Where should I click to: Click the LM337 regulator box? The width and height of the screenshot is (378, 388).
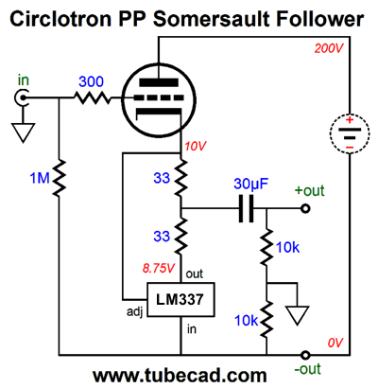pyautogui.click(x=181, y=299)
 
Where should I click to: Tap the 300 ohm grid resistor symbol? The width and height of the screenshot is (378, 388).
pyautogui.click(x=93, y=97)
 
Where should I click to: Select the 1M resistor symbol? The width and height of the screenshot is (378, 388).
pyautogui.click(x=59, y=178)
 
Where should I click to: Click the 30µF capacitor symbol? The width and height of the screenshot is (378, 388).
pyautogui.click(x=246, y=208)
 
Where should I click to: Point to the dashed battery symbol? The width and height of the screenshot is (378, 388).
pyautogui.click(x=350, y=133)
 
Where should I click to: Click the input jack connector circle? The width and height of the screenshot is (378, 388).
pyautogui.click(x=22, y=97)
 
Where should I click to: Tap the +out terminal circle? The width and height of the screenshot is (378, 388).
pyautogui.click(x=305, y=208)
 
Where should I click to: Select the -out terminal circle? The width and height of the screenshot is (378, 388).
pyautogui.click(x=305, y=355)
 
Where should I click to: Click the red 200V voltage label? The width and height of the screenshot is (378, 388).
pyautogui.click(x=328, y=48)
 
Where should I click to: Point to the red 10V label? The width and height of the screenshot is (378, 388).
pyautogui.click(x=196, y=147)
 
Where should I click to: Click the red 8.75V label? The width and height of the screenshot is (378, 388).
pyautogui.click(x=158, y=268)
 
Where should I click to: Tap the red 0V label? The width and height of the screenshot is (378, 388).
pyautogui.click(x=335, y=343)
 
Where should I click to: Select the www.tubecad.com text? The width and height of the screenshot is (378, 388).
pyautogui.click(x=180, y=376)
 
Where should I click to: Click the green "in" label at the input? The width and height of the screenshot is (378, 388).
pyautogui.click(x=24, y=80)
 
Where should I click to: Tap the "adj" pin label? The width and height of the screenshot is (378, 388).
pyautogui.click(x=135, y=311)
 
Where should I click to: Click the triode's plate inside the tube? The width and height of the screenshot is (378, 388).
pyautogui.click(x=159, y=82)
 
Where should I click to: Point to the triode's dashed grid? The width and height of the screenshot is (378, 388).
pyautogui.click(x=159, y=97)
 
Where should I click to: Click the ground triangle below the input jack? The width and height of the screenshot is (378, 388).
pyautogui.click(x=23, y=132)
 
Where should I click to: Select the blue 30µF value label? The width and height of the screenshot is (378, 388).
pyautogui.click(x=250, y=185)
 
